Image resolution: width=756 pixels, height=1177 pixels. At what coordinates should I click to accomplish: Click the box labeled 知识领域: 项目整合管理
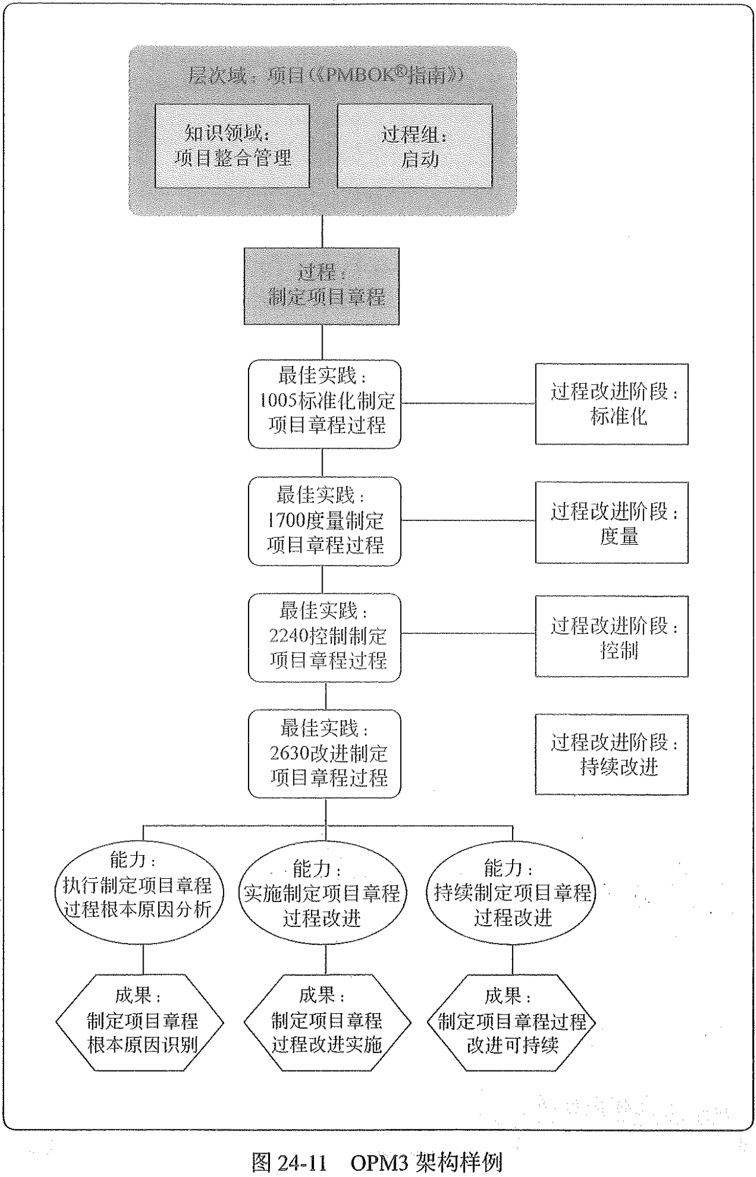(232, 145)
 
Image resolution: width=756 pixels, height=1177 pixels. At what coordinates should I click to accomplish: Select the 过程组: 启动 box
(414, 146)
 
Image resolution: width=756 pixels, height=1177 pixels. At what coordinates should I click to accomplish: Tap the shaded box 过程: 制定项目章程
(322, 285)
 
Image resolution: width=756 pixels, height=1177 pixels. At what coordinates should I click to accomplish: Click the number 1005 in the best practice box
(277, 400)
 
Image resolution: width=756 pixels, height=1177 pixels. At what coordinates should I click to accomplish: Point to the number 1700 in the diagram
(286, 520)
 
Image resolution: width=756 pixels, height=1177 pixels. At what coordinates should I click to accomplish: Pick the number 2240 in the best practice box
(288, 636)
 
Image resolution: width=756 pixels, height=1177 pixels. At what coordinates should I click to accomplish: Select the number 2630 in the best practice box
(289, 753)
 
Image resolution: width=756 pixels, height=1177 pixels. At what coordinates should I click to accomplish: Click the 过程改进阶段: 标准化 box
(611, 404)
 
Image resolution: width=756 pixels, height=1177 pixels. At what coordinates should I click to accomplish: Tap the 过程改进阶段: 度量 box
(611, 522)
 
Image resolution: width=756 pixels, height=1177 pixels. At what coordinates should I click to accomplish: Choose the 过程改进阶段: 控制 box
(611, 636)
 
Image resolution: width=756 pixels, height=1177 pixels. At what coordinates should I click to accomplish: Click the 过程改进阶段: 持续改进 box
(611, 754)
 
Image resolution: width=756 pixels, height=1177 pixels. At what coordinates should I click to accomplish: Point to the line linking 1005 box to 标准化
(468, 404)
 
